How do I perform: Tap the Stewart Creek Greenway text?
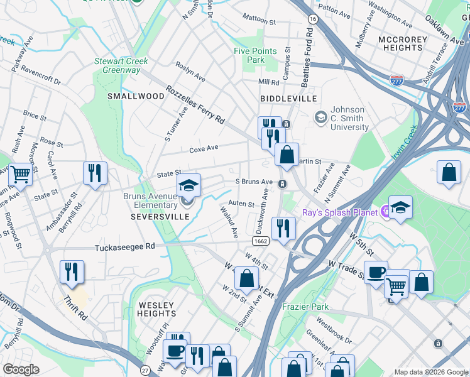pos(121,65)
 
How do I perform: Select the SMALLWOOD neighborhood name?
pos(135,96)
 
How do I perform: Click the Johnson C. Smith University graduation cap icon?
pos(321,117)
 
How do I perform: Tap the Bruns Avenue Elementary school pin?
pos(187,185)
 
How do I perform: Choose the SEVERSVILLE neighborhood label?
pos(160,216)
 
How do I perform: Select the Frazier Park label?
pos(305,307)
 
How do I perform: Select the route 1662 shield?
pos(261,241)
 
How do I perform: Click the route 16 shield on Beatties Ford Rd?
pos(312,20)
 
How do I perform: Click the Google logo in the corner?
pos(21,369)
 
